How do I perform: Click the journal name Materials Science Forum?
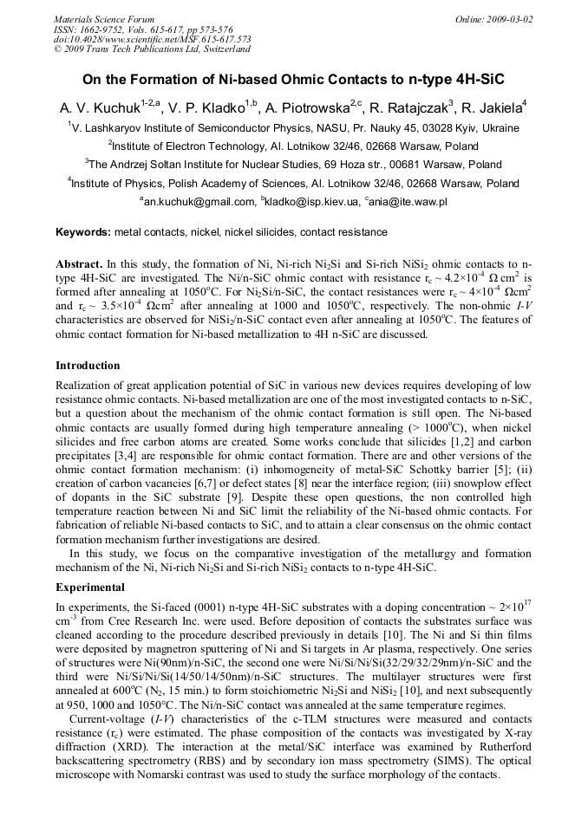click(104, 19)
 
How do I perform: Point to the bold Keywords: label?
click(83, 232)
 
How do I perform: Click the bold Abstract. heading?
click(80, 263)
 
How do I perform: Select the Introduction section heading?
click(88, 366)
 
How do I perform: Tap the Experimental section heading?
click(91, 586)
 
